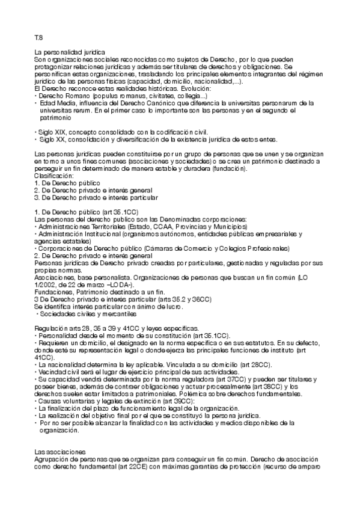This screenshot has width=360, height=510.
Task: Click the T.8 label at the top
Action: pos(38,37)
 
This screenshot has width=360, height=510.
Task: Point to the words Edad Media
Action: pos(57,103)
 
